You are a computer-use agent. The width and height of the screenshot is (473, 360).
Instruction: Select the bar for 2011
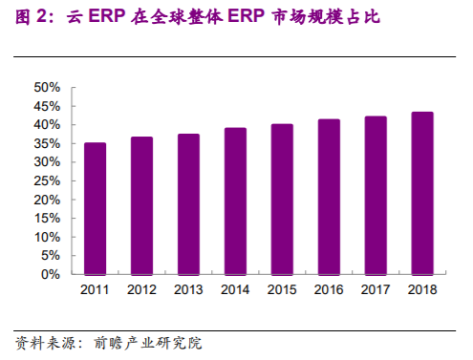click(x=95, y=208)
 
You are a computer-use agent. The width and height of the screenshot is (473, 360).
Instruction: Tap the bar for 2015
click(x=281, y=200)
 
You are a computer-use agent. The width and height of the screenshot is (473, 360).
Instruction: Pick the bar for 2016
click(x=329, y=197)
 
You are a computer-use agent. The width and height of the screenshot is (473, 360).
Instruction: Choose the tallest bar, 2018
click(x=421, y=193)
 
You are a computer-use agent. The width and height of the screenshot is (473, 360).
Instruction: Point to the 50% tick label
click(x=47, y=87)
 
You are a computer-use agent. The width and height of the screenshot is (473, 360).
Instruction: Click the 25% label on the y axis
click(x=47, y=180)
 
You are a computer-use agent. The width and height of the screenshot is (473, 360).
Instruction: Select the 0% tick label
click(x=51, y=274)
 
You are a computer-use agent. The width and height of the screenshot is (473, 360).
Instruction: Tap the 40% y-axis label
click(x=47, y=124)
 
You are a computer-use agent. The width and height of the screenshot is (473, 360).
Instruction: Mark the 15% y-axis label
click(x=47, y=218)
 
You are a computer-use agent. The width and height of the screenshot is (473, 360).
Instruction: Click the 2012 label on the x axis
click(x=141, y=289)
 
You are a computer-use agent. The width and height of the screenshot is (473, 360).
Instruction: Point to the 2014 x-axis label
click(x=235, y=289)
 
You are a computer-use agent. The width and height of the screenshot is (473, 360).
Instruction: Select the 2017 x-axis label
click(x=376, y=289)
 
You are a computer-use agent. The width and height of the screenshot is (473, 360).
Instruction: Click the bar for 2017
click(x=376, y=195)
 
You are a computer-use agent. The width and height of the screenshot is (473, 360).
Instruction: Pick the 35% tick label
click(x=47, y=143)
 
